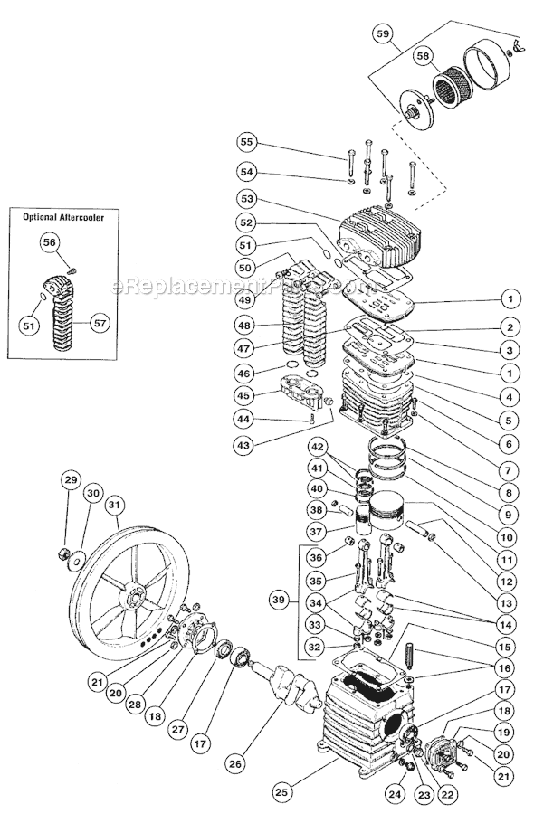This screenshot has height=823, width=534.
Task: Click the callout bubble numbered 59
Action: coord(383,35)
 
